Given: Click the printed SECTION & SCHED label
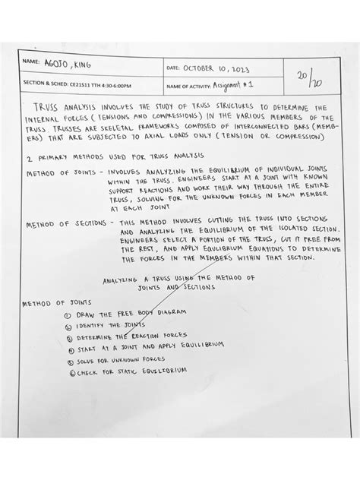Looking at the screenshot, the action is tap(46, 86).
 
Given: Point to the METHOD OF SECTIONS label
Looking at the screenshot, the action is tap(68, 225).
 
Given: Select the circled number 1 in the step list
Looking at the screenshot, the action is tap(69, 314).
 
